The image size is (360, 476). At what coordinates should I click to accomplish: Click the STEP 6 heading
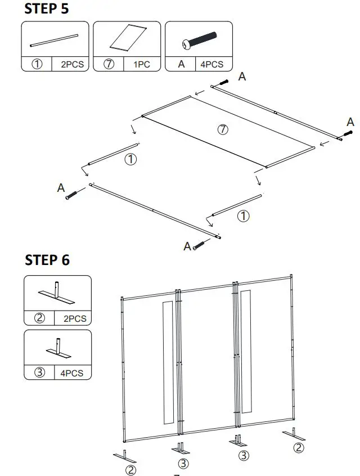pyautogui.click(x=48, y=260)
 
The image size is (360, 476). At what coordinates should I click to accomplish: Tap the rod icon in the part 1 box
pyautogui.click(x=55, y=41)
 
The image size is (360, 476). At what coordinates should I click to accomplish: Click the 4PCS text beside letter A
pyautogui.click(x=212, y=65)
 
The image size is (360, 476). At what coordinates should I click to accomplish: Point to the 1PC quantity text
pyautogui.click(x=142, y=65)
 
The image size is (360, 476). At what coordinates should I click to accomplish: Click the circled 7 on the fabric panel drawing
pyautogui.click(x=223, y=129)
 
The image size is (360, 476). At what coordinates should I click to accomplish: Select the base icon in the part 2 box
pyautogui.click(x=57, y=292)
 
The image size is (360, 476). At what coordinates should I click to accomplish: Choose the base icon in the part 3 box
pyautogui.click(x=57, y=348)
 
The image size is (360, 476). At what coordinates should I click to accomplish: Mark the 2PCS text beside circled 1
pyautogui.click(x=72, y=65)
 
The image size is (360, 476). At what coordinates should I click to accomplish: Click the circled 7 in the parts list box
pyautogui.click(x=110, y=64)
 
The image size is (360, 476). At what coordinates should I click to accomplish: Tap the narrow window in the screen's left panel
pyautogui.click(x=168, y=362)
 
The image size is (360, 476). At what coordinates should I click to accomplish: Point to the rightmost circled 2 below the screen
pyautogui.click(x=299, y=448)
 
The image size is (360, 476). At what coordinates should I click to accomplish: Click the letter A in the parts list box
pyautogui.click(x=181, y=64)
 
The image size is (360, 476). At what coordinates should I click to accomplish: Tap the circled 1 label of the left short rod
pyautogui.click(x=130, y=160)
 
